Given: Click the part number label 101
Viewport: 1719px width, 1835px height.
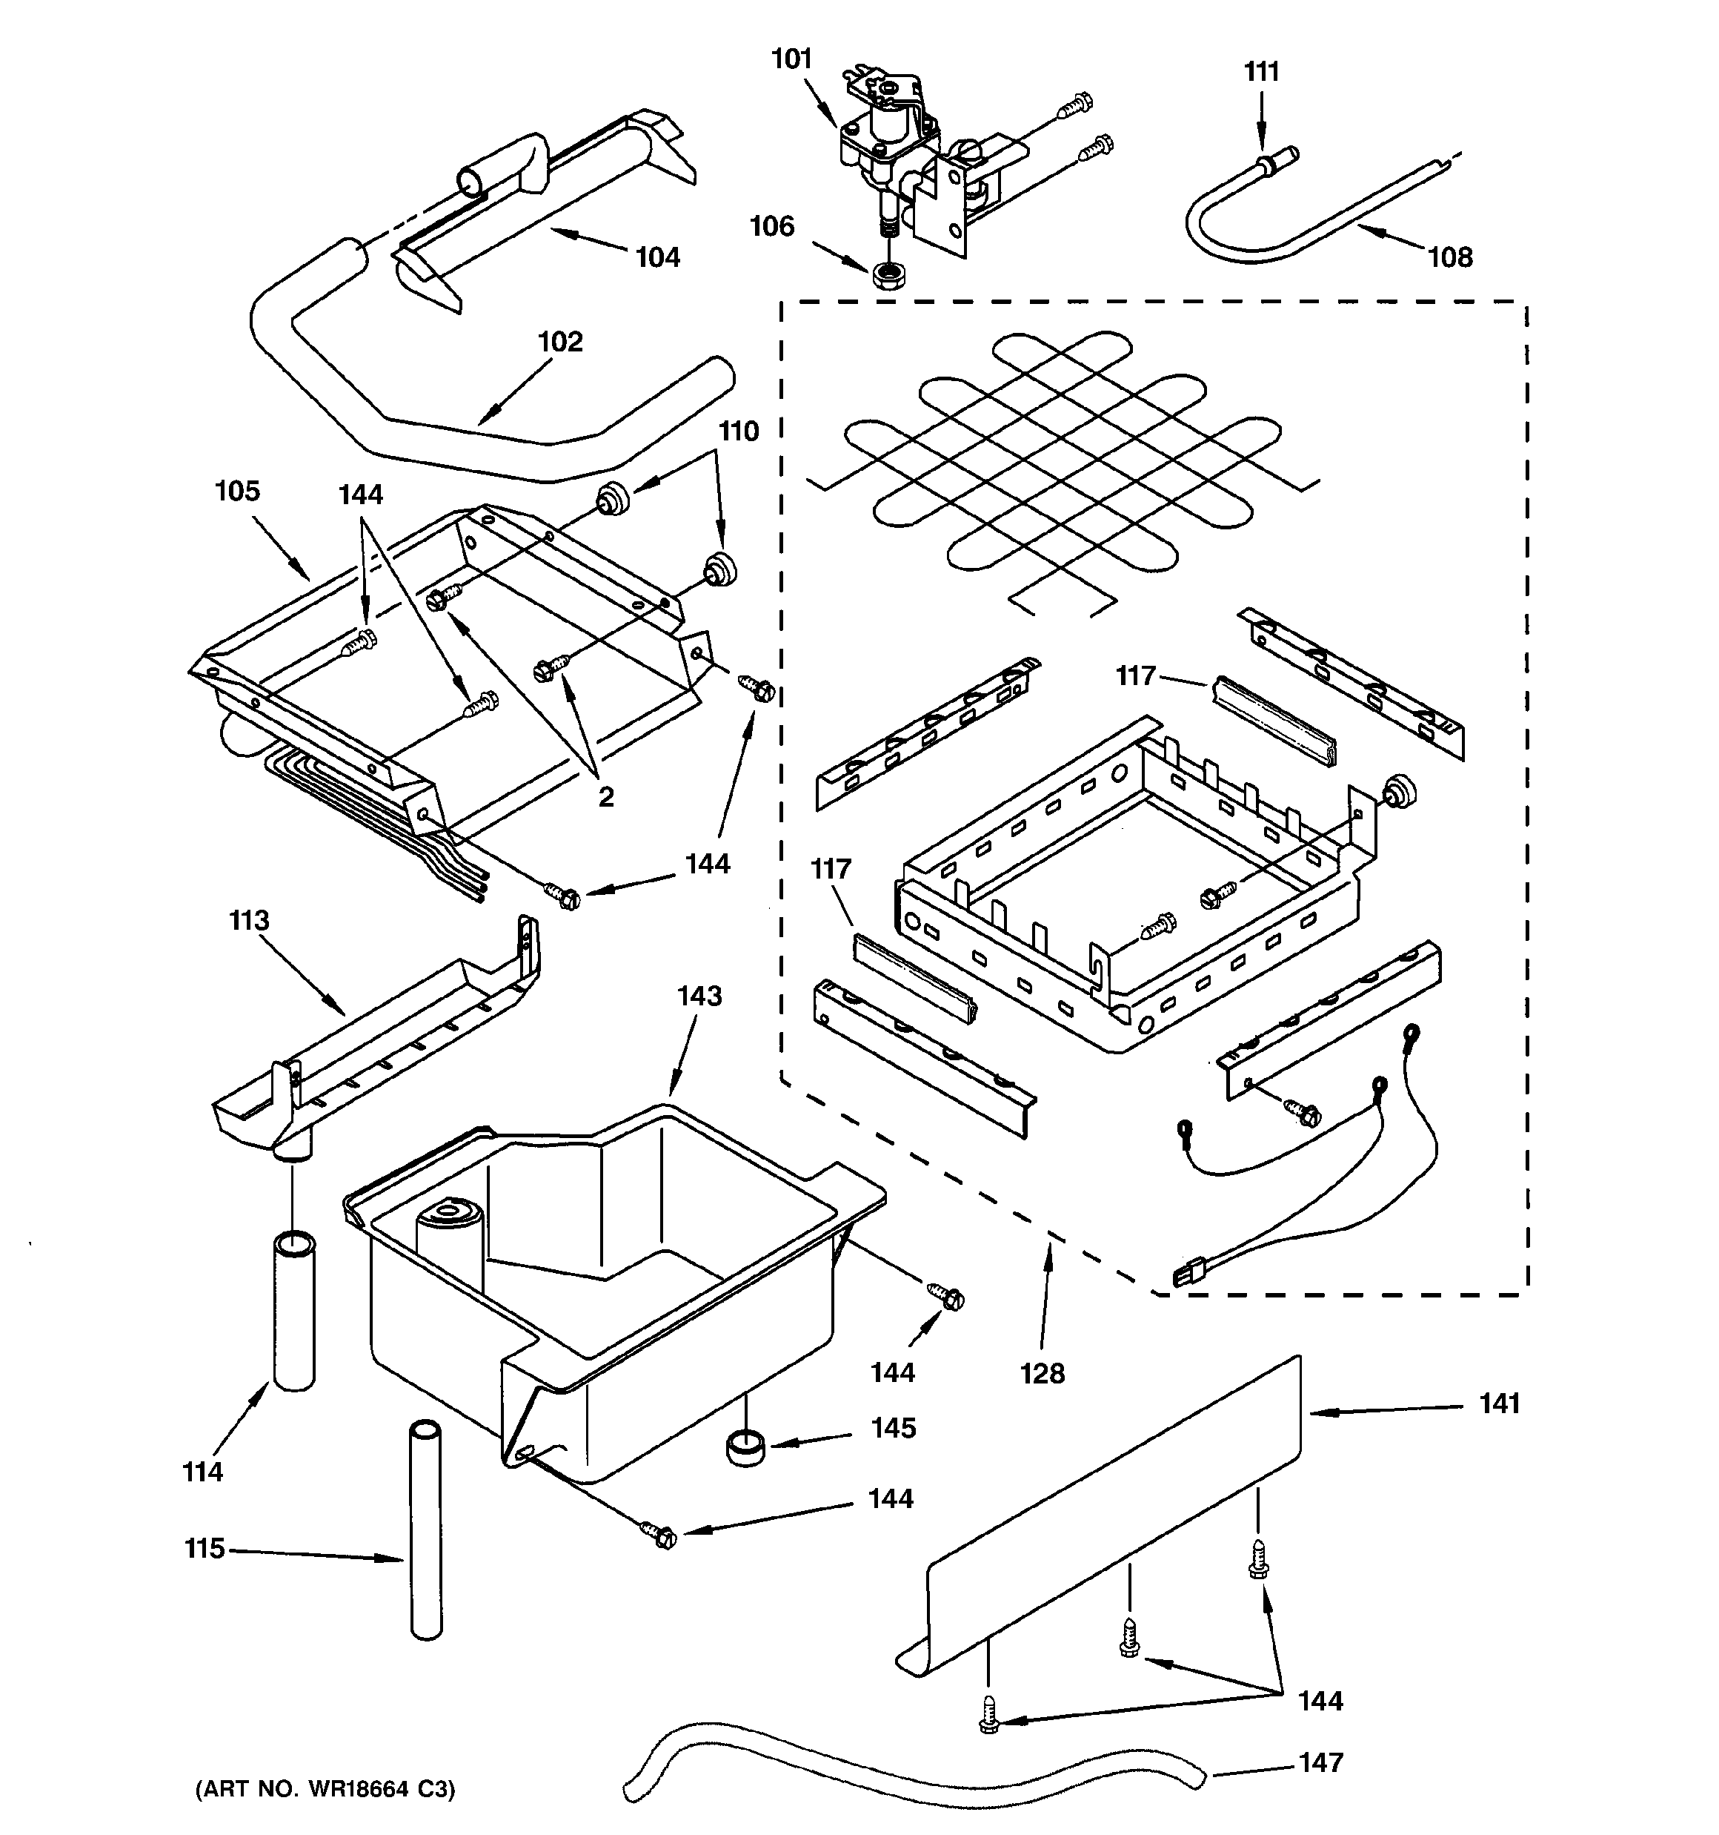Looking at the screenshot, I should pos(791,59).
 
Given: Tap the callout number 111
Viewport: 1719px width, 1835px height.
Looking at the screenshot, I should pos(1261,71).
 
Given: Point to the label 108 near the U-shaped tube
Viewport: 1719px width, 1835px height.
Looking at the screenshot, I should pos(1451,257).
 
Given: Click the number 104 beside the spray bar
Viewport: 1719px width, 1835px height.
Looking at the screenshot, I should pos(657,257).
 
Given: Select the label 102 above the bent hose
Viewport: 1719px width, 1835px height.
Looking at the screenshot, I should pos(560,342).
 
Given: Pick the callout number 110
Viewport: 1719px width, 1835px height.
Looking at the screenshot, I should pos(738,431).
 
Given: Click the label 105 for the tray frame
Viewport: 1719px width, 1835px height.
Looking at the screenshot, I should pos(237,491).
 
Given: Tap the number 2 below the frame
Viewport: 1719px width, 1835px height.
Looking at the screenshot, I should pos(605,796).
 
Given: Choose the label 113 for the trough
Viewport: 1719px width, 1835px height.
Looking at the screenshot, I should pos(249,920).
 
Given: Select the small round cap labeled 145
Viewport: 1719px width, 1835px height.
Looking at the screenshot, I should pos(745,1446).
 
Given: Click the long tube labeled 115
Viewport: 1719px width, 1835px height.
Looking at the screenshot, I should pos(425,1533).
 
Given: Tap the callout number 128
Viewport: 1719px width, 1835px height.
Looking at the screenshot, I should pos(1042,1374).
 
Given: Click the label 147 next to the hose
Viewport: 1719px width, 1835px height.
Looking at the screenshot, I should pos(1320,1762).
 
